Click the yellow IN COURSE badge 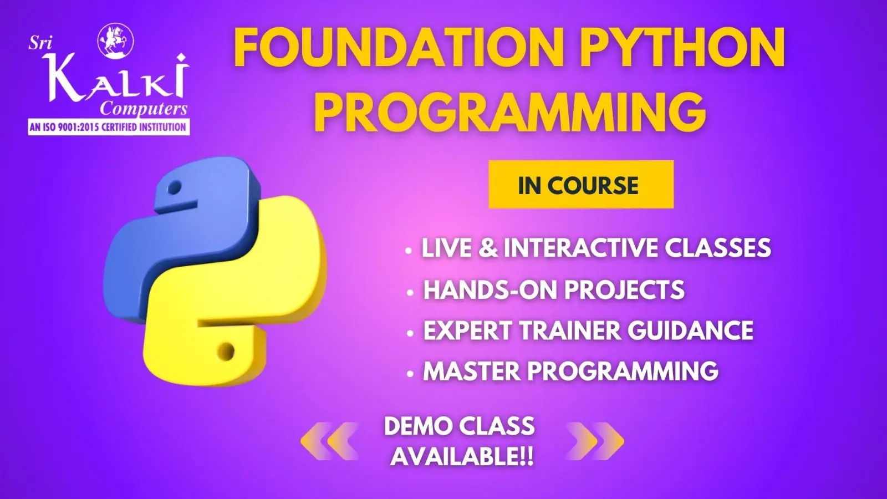(581, 184)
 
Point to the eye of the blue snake (174, 187)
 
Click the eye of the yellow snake (226, 351)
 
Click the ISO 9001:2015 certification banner (109, 128)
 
